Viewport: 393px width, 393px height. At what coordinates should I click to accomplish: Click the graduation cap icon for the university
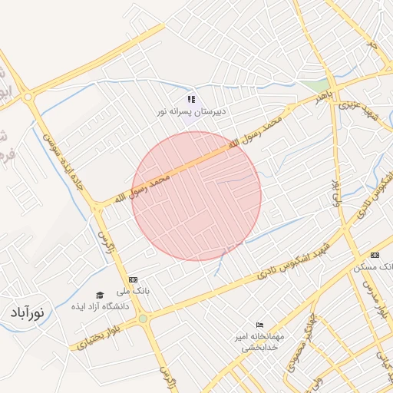99,295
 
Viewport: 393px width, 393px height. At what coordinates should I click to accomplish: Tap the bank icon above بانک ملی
134,279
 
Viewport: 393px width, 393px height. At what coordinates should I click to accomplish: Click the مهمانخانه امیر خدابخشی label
259,342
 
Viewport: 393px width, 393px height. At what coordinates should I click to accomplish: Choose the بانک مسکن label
373,267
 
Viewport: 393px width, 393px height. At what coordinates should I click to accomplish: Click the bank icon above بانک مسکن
375,255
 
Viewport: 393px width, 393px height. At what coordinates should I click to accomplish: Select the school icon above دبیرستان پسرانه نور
191,99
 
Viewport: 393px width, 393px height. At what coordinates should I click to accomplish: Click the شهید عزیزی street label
361,108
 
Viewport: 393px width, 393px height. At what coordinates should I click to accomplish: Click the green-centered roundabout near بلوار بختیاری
143,319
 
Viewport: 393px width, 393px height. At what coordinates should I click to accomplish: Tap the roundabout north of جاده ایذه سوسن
28,97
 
